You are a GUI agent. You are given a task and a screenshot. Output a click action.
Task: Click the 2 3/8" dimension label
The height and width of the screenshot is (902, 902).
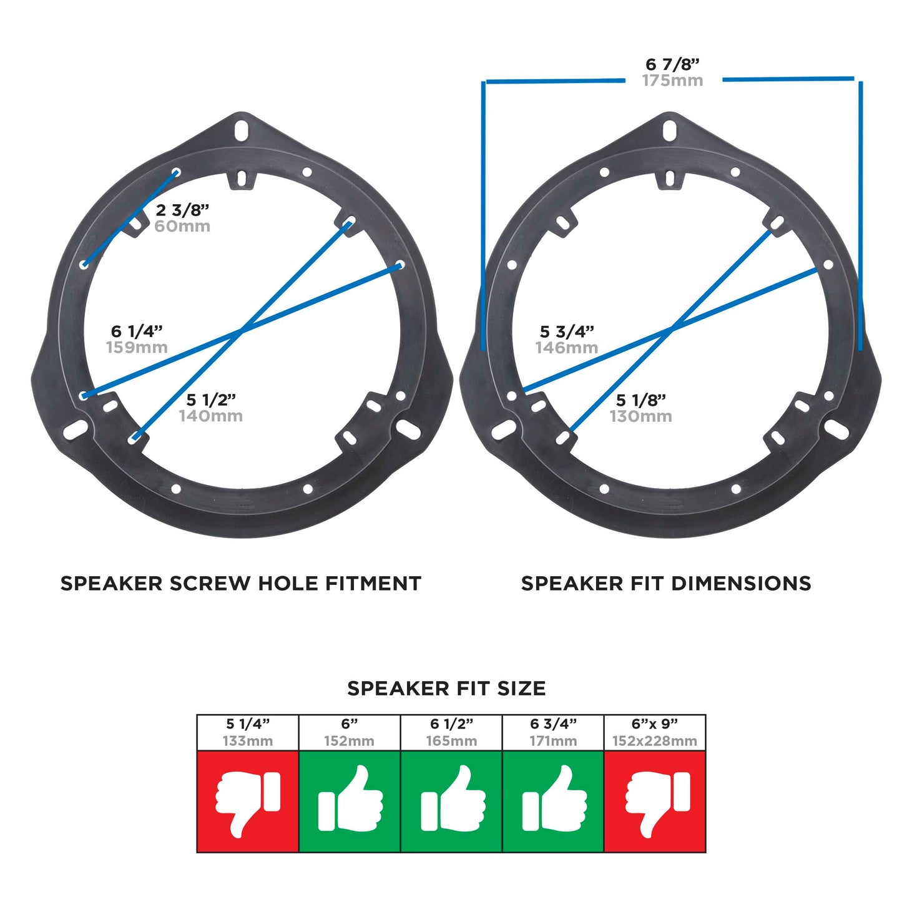[182, 210]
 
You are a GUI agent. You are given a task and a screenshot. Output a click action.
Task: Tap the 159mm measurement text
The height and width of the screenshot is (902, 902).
[137, 347]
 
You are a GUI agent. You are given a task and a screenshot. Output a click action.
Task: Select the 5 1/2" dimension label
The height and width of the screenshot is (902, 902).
[210, 400]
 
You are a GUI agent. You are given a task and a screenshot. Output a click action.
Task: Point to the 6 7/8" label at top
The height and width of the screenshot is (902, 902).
[672, 64]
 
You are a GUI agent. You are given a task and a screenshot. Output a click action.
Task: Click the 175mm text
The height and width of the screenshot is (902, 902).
[673, 81]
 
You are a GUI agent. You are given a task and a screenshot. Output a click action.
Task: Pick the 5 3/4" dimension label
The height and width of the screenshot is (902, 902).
[567, 331]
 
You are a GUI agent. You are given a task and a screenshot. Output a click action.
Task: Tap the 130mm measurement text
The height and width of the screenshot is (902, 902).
[641, 416]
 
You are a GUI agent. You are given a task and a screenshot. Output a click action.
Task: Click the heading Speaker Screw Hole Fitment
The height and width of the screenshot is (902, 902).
[240, 583]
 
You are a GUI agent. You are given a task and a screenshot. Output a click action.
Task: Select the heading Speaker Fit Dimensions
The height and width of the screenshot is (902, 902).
[666, 583]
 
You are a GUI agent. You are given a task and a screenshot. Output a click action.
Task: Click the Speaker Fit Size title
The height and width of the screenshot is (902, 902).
[446, 689]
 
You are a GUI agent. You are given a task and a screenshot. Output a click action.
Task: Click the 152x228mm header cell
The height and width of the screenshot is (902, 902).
[655, 733]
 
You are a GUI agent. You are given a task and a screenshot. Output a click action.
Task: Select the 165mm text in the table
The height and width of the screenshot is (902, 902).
[452, 741]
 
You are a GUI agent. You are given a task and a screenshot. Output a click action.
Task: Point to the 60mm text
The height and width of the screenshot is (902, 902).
[182, 227]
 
